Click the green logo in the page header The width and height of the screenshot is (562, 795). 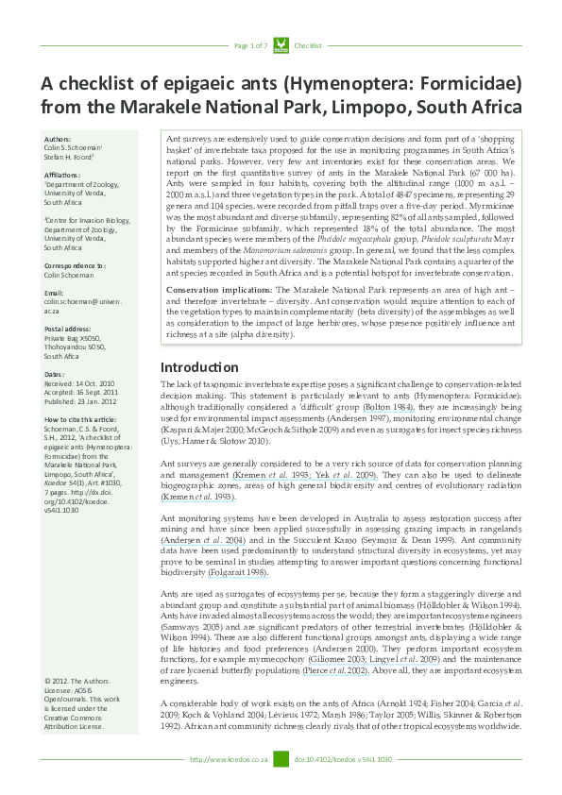pyautogui.click(x=280, y=45)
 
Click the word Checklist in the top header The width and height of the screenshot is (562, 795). pyautogui.click(x=308, y=45)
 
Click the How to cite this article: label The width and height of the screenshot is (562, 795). pyautogui.click(x=79, y=416)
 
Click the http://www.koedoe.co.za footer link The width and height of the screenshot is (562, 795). pyautogui.click(x=230, y=759)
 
